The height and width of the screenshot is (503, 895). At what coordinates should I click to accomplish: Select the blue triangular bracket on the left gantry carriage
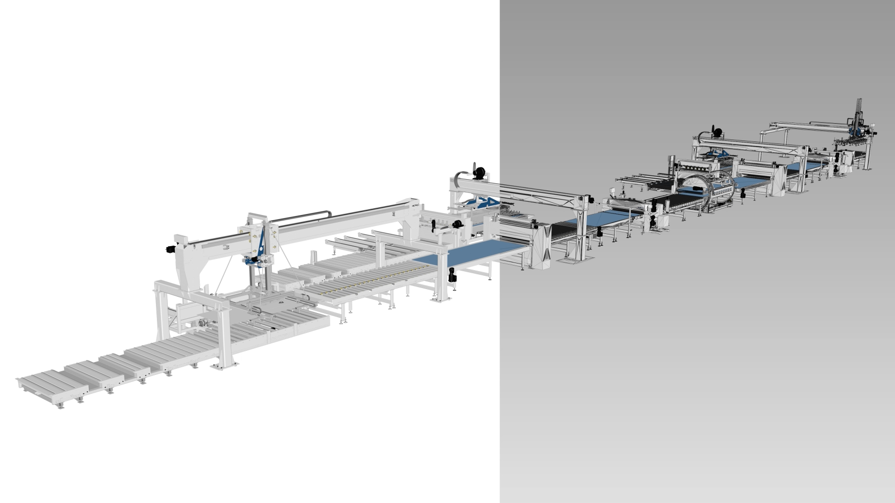coord(261,245)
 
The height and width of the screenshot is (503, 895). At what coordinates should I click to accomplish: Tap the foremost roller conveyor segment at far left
coord(51,382)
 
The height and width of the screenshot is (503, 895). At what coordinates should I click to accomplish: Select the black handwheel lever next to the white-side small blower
coord(434,225)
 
